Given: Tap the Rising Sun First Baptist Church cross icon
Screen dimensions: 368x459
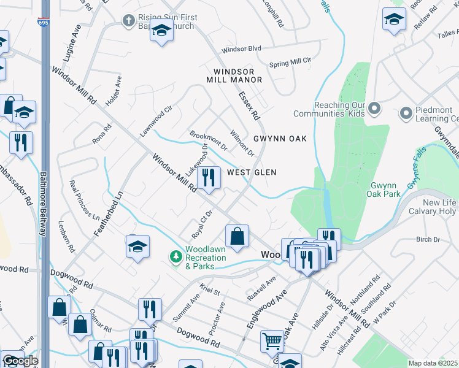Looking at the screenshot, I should [128, 21].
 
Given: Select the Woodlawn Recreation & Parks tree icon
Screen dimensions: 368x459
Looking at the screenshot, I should [176, 255].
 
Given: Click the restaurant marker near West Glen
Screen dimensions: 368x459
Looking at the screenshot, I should [210, 178].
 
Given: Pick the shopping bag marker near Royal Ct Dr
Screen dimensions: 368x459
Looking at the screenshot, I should [237, 236].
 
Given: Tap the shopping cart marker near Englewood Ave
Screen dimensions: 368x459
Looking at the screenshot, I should [272, 340].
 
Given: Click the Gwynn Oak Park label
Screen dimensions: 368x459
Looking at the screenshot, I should [385, 190].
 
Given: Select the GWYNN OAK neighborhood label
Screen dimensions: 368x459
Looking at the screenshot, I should [276, 139].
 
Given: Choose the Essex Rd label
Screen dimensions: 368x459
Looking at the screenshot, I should [250, 105].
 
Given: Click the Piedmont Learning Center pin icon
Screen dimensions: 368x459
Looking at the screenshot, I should [405, 113].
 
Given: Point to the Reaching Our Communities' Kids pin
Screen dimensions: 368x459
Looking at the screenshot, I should [376, 110].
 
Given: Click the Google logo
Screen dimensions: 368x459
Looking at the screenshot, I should [20, 360].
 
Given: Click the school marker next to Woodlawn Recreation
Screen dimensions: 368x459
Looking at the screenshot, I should [137, 247].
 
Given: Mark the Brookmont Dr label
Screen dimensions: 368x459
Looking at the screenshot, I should [209, 140].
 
